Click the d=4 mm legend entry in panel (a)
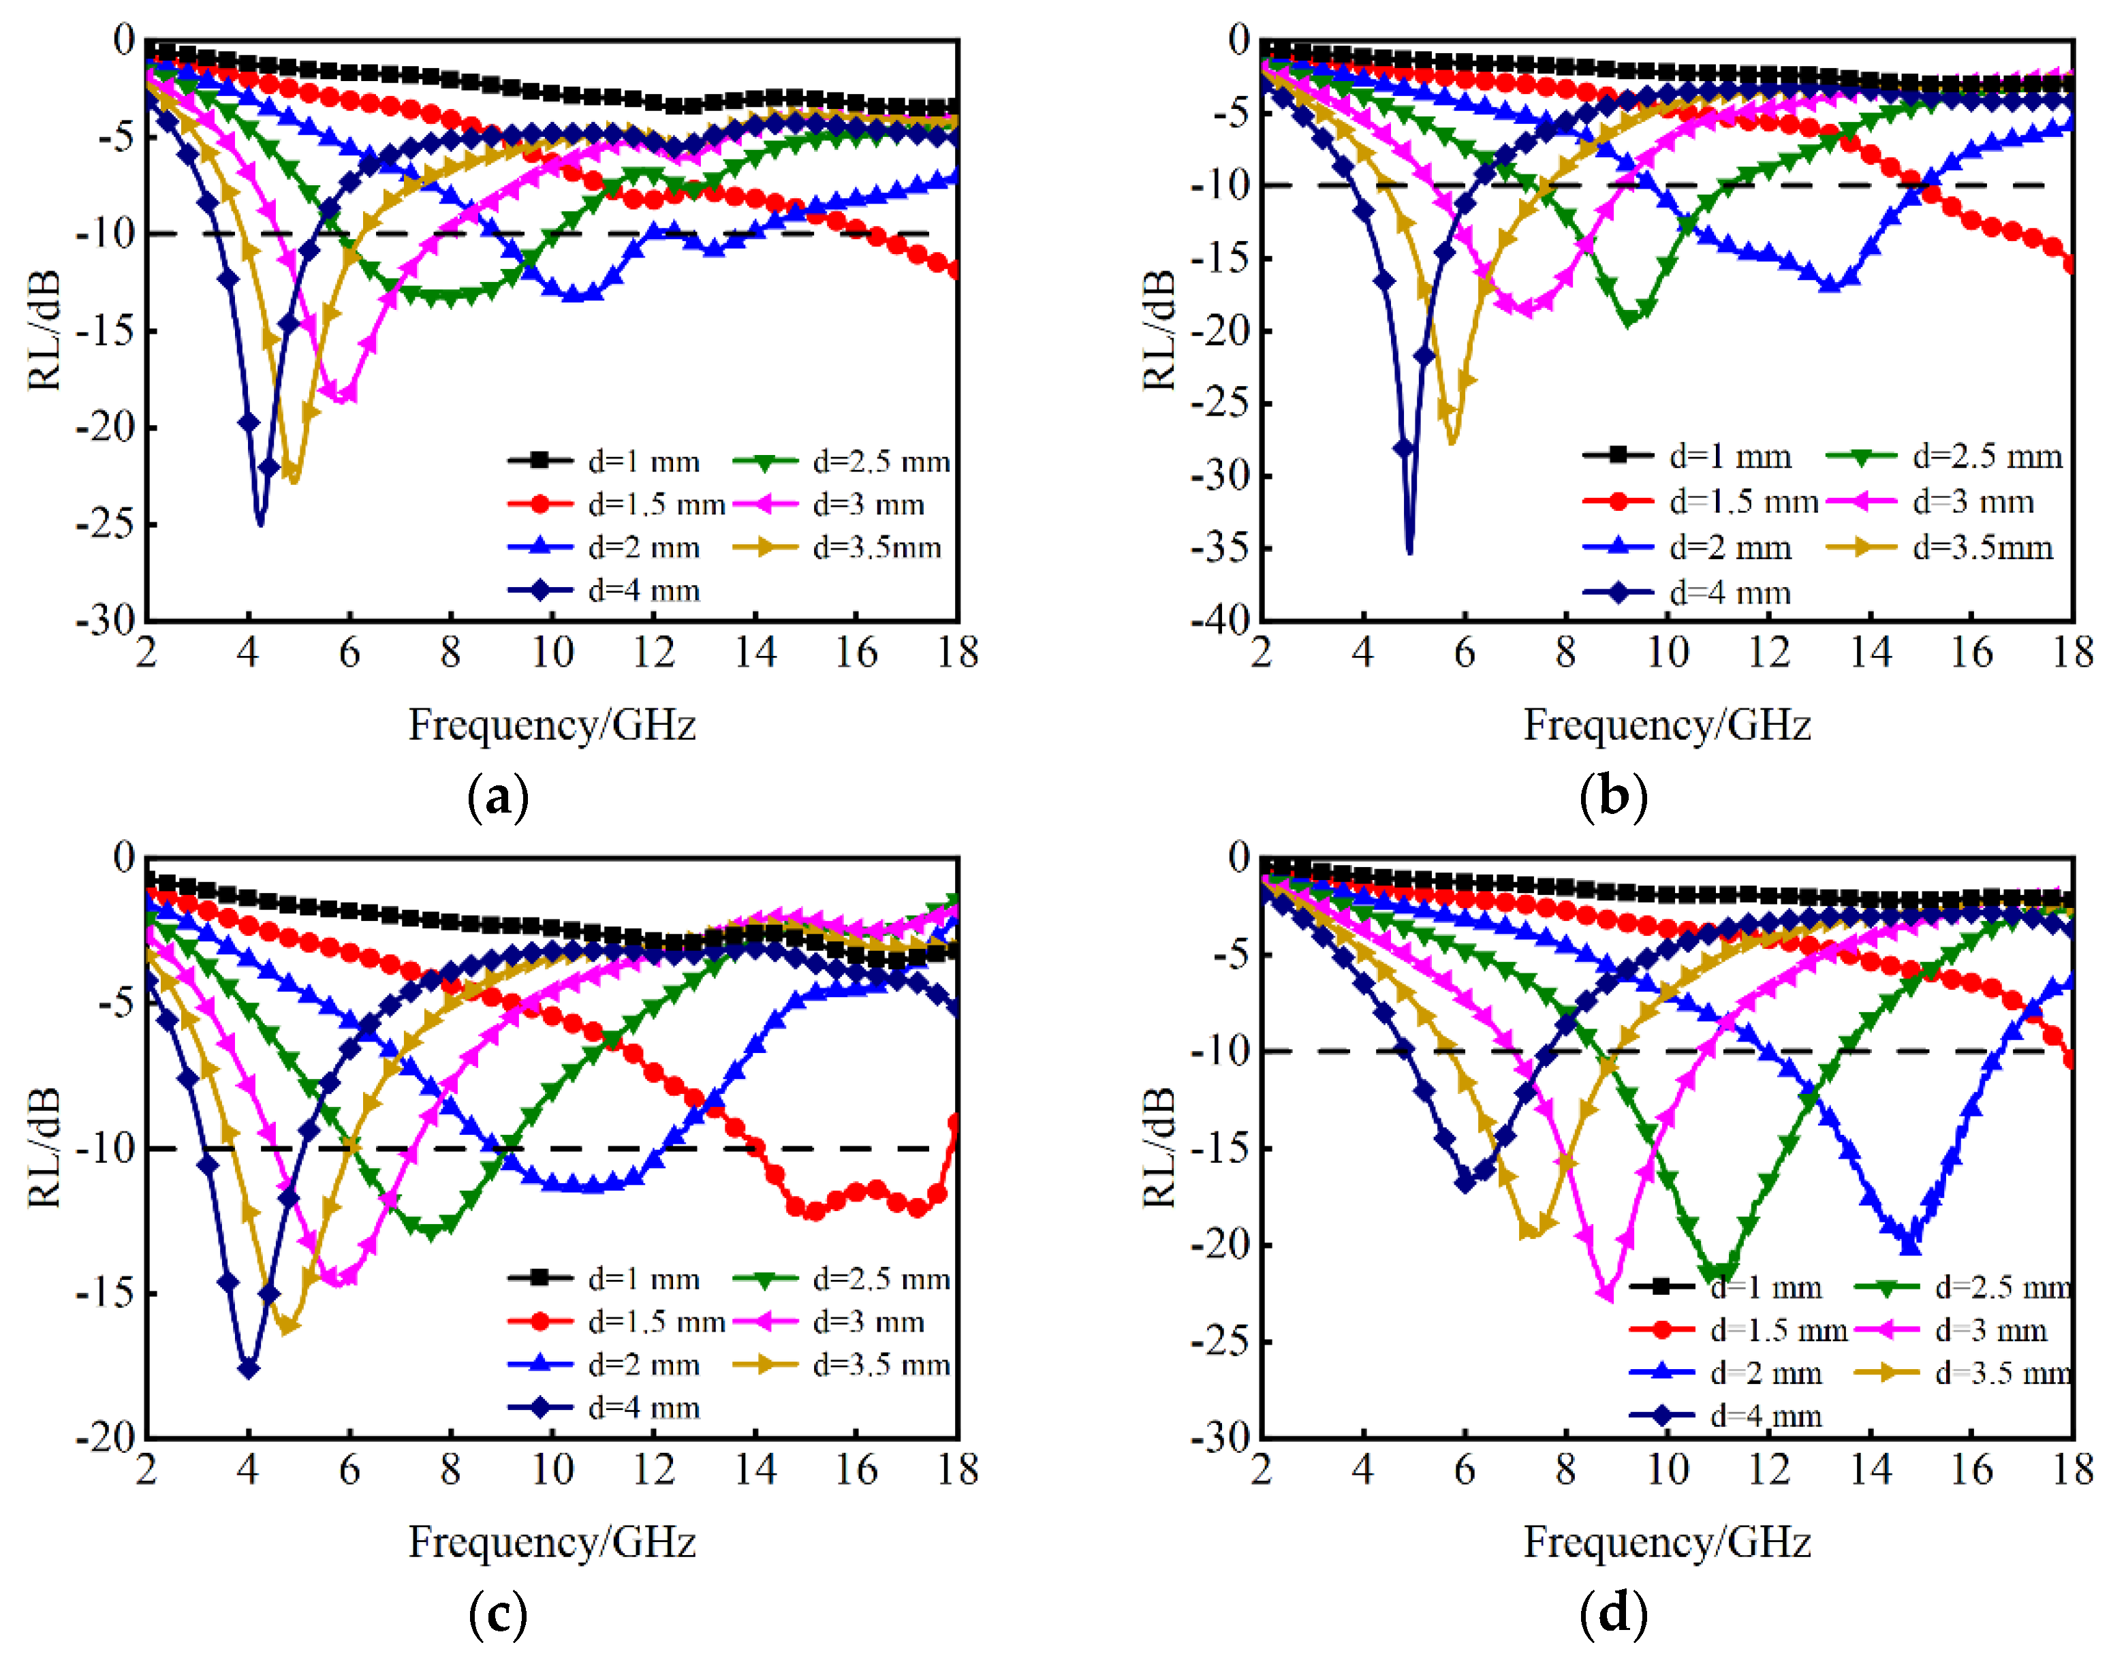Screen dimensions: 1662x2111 (x=604, y=591)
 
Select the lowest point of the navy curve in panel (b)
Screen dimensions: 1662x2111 (x=1409, y=552)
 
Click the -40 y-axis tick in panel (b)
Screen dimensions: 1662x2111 (x=1221, y=620)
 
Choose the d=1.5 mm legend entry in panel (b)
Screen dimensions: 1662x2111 (x=1700, y=502)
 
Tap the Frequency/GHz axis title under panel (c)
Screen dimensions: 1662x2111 (x=552, y=1542)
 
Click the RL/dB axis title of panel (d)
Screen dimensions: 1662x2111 (x=1158, y=1148)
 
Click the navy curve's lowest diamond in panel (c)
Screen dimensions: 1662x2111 (x=249, y=1369)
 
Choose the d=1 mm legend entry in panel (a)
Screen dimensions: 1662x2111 (x=604, y=461)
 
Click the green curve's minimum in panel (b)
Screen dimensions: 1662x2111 (x=1628, y=319)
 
